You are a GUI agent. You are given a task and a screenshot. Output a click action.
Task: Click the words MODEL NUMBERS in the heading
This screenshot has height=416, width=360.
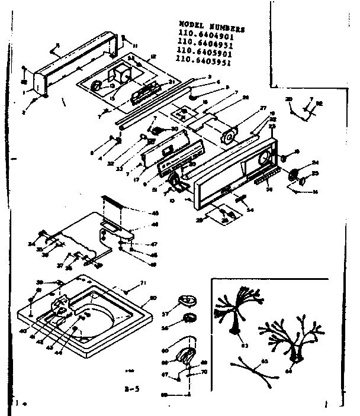[x=212, y=28]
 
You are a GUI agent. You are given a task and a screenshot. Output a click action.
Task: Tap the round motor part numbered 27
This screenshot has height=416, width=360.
[x=227, y=137]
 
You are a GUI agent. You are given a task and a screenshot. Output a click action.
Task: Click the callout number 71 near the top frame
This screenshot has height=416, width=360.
[x=143, y=285]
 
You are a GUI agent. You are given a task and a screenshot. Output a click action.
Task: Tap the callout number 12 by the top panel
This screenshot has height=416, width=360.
[x=153, y=56]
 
